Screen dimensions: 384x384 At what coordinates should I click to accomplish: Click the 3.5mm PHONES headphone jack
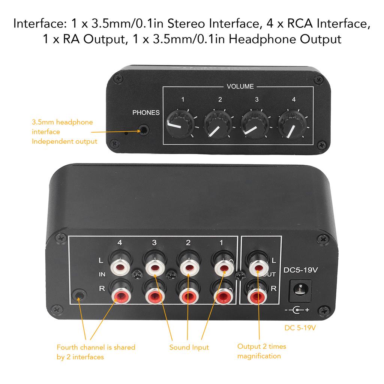[x=144, y=130]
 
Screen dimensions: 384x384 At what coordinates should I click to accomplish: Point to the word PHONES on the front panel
[x=146, y=112]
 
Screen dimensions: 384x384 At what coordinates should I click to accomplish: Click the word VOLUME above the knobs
[x=240, y=87]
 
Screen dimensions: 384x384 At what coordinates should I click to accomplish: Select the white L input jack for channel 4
[x=120, y=267]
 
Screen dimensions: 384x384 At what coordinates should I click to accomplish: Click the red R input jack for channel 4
[x=120, y=295]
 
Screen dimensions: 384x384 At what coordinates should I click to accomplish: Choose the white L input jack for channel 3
[x=154, y=267]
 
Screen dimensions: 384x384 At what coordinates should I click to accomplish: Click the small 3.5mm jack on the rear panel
[x=79, y=295]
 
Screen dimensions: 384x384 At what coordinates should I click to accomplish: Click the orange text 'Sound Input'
[x=189, y=347]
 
